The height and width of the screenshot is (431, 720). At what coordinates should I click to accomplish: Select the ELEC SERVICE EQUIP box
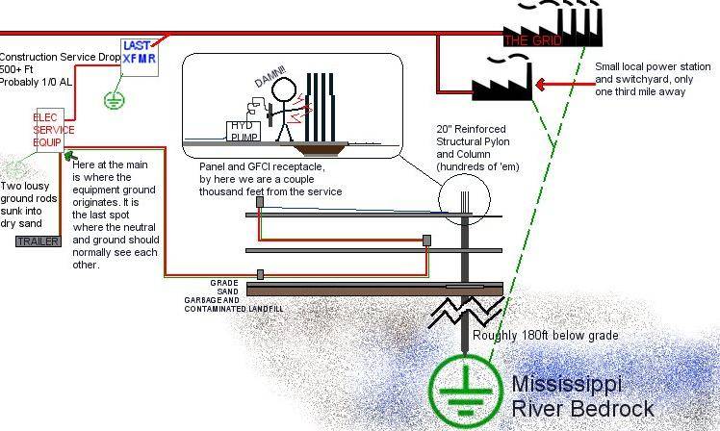pyautogui.click(x=48, y=130)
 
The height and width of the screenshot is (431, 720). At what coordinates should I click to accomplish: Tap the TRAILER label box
pyautogui.click(x=38, y=241)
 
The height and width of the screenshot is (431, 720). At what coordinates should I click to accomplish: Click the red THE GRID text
pyautogui.click(x=530, y=40)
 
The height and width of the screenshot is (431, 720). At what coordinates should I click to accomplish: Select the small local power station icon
pyautogui.click(x=501, y=77)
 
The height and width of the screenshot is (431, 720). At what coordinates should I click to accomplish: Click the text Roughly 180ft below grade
pyautogui.click(x=545, y=336)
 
